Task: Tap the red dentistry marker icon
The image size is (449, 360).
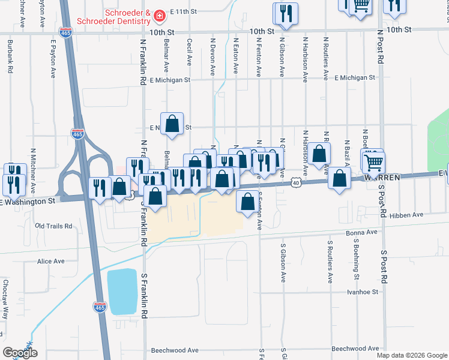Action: point(160,14)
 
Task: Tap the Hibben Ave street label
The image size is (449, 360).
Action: point(406,214)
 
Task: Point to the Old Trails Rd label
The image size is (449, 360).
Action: point(53,226)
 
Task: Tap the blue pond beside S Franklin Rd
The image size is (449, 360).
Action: point(122,292)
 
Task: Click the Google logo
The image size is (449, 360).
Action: point(20,353)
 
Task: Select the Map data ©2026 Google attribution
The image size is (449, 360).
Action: point(412,355)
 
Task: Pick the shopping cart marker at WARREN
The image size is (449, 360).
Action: point(373,162)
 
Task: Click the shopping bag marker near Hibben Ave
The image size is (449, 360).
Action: point(247,202)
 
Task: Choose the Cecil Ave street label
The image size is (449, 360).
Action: point(189,52)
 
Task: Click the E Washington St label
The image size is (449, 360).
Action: point(30,202)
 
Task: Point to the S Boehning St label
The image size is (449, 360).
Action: point(355,262)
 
